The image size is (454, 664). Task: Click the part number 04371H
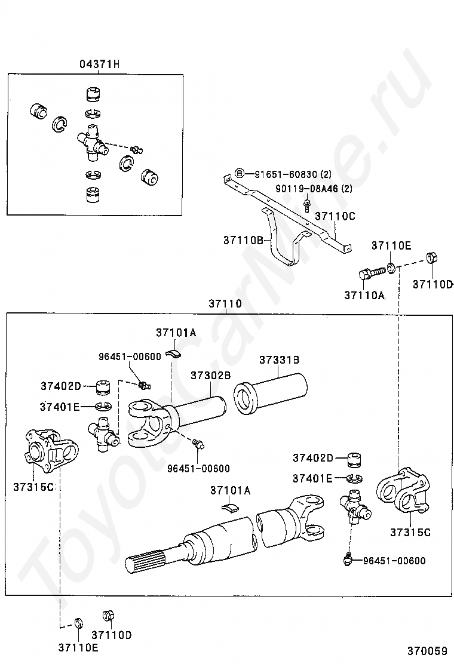[100, 64]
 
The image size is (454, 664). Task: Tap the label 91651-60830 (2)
[293, 174]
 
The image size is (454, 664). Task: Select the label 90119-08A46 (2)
[314, 189]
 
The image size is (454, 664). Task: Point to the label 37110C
[335, 216]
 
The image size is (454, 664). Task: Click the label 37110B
[243, 240]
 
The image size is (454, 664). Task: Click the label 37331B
[279, 360]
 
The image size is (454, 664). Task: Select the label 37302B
[210, 375]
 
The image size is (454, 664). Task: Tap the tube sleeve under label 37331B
[271, 394]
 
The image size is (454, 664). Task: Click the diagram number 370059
[428, 650]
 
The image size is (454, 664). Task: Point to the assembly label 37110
[225, 303]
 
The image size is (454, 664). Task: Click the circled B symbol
[240, 173]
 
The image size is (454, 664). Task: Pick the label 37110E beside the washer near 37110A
[391, 245]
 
